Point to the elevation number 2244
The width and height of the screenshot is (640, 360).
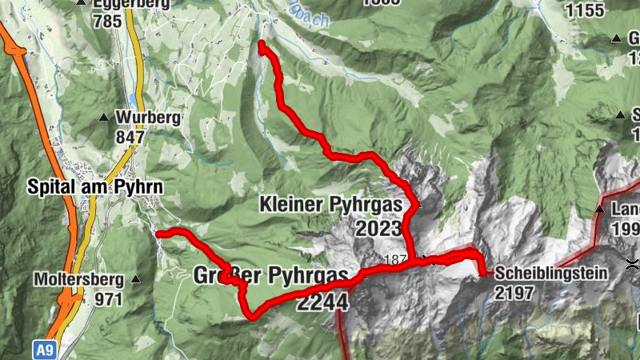(322, 302)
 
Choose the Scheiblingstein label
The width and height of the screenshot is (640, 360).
(551, 273)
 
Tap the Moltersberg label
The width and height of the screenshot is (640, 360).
(78, 280)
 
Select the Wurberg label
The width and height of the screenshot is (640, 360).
(144, 118)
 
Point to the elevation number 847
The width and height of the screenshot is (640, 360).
(129, 137)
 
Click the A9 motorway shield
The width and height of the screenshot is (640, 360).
(46, 350)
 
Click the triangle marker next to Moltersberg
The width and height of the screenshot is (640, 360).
(135, 280)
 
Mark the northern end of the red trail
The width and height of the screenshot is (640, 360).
(262, 45)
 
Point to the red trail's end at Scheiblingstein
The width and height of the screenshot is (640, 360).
(484, 274)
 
